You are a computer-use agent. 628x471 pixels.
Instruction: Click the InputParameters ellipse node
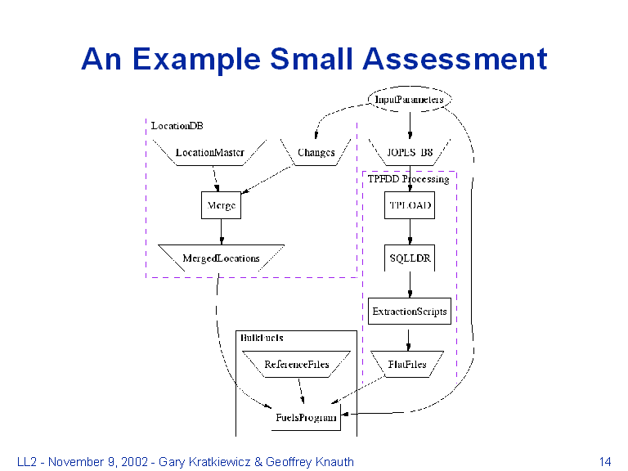[x=409, y=99]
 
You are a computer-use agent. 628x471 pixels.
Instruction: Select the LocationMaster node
[x=210, y=152]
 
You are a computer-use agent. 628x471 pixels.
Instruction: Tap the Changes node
[x=316, y=152]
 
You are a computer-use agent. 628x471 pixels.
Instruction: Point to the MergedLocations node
[x=221, y=258]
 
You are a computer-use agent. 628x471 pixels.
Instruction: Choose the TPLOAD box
[x=410, y=205]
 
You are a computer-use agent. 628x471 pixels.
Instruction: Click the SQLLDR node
[x=410, y=258]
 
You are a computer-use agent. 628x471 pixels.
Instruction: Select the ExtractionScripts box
[x=410, y=311]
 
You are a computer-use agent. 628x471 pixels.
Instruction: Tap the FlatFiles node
[x=407, y=364]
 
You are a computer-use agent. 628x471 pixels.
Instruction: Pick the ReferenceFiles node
[x=296, y=364]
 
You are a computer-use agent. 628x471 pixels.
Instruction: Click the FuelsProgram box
[x=305, y=417]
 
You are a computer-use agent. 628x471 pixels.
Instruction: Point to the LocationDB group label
[x=177, y=126]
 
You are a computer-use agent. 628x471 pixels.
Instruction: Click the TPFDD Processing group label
[x=408, y=178]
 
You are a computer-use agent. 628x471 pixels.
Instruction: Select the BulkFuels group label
[x=262, y=337]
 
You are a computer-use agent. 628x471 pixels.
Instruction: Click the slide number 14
[x=605, y=462]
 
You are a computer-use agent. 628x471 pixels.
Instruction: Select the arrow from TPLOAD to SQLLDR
[x=410, y=231]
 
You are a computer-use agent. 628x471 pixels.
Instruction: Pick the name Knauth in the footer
[x=334, y=462]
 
